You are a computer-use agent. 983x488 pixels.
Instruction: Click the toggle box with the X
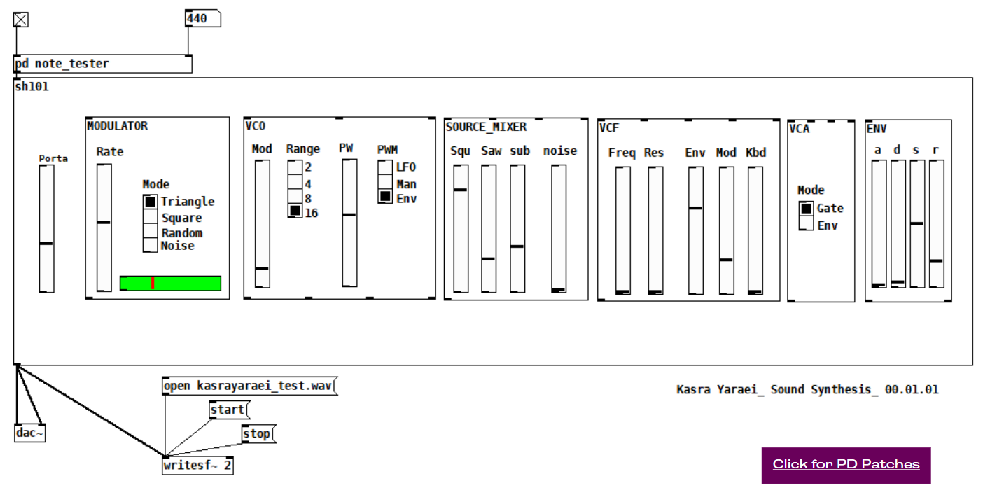(x=21, y=20)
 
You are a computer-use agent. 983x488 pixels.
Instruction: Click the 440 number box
(x=202, y=19)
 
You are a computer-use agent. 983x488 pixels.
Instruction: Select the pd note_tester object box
(x=102, y=64)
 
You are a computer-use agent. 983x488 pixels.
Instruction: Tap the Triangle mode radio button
(x=151, y=202)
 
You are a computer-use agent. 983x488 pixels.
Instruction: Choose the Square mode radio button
(x=151, y=217)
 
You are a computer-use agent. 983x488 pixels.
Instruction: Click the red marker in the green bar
(x=153, y=283)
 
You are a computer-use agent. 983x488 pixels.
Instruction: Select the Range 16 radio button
(x=295, y=211)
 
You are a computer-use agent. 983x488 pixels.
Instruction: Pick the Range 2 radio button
(x=295, y=167)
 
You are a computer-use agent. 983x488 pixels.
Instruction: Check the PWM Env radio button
(x=385, y=197)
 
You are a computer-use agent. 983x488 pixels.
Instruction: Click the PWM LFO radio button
(x=385, y=167)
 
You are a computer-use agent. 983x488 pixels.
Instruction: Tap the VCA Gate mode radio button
(x=807, y=208)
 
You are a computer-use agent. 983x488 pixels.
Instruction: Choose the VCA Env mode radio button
(x=807, y=224)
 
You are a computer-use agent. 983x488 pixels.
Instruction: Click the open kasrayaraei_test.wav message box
(x=249, y=386)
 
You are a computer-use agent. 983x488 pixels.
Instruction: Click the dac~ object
(x=29, y=433)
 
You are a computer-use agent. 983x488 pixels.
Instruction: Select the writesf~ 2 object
(x=197, y=466)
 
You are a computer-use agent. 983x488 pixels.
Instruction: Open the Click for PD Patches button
(x=846, y=465)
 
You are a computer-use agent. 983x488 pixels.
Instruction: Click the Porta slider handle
(x=46, y=243)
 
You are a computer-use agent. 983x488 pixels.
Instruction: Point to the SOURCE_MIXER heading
(x=486, y=127)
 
